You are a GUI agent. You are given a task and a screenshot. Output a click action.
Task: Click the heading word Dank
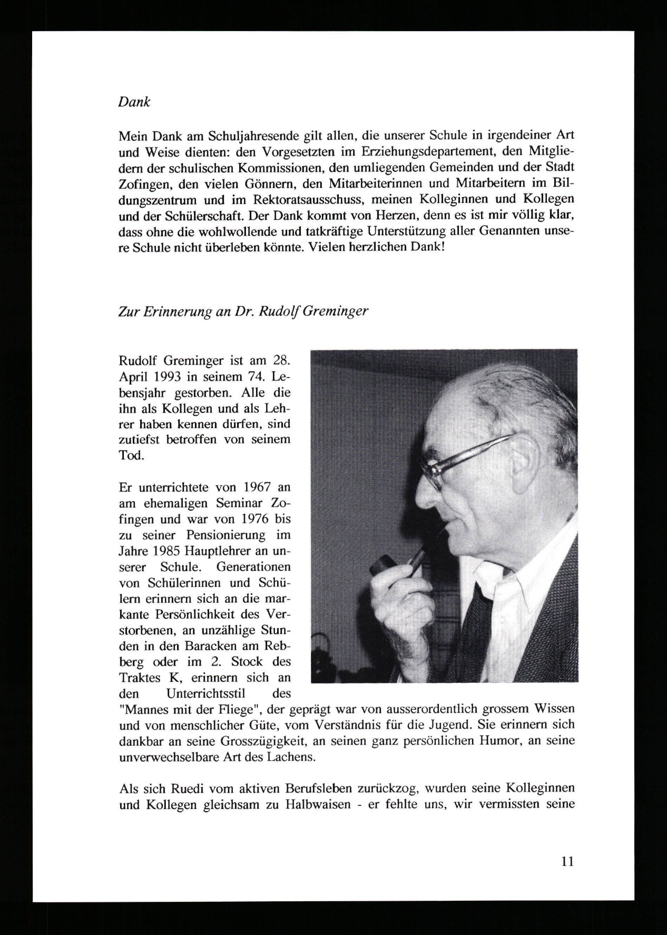coord(134,102)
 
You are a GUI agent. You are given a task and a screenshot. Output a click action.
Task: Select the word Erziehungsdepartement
coord(432,152)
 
